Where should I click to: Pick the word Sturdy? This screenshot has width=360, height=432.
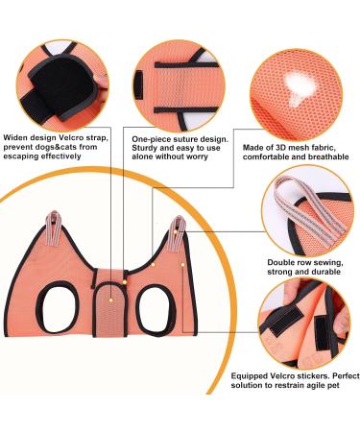147,148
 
